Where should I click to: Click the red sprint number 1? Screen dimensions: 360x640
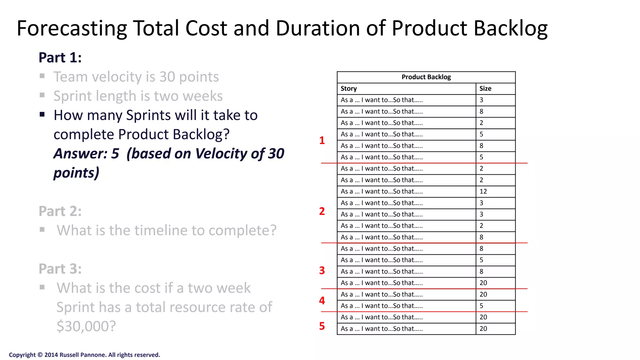tap(322, 141)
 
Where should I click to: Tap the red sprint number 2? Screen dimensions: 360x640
tap(322, 212)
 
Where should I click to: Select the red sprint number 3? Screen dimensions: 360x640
tap(322, 271)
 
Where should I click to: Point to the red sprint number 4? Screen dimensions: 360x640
tap(322, 301)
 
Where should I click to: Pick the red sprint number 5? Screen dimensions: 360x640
tap(322, 326)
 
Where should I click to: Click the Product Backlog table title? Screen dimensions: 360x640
tap(426, 77)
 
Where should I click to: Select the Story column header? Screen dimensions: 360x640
tap(349, 89)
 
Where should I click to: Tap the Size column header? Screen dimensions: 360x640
tap(485, 89)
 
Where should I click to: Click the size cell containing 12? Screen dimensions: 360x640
tap(483, 192)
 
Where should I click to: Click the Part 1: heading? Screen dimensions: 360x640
tap(60, 58)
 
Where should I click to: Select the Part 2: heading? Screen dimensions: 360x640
tap(60, 212)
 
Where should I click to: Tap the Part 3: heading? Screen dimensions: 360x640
tap(60, 269)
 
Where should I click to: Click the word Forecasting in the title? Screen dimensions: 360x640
tap(72, 29)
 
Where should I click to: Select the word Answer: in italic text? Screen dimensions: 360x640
tap(80, 154)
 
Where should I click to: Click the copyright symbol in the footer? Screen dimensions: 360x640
tap(40, 355)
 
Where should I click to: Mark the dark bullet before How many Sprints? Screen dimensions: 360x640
tap(42, 114)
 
